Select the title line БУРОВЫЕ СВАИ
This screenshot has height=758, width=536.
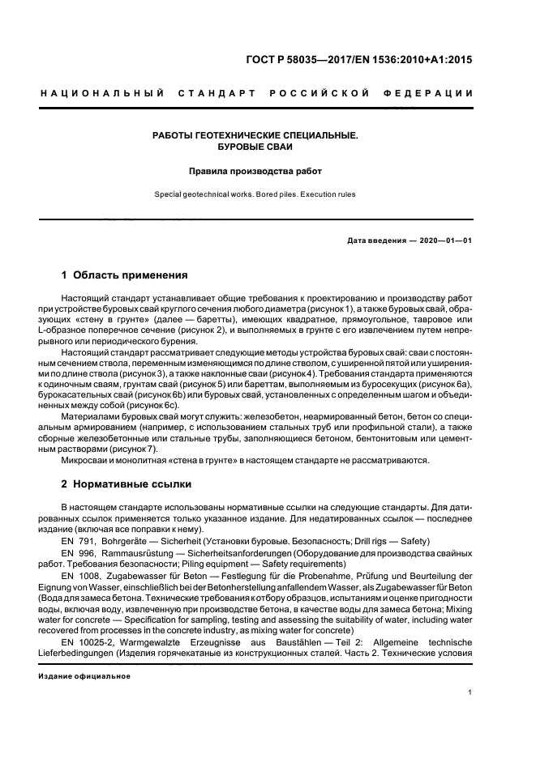255,147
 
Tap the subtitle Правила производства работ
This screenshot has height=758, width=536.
255,172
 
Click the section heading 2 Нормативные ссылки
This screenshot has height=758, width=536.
126,484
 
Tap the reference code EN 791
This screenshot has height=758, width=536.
75,540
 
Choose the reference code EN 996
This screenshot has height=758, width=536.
75,552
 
